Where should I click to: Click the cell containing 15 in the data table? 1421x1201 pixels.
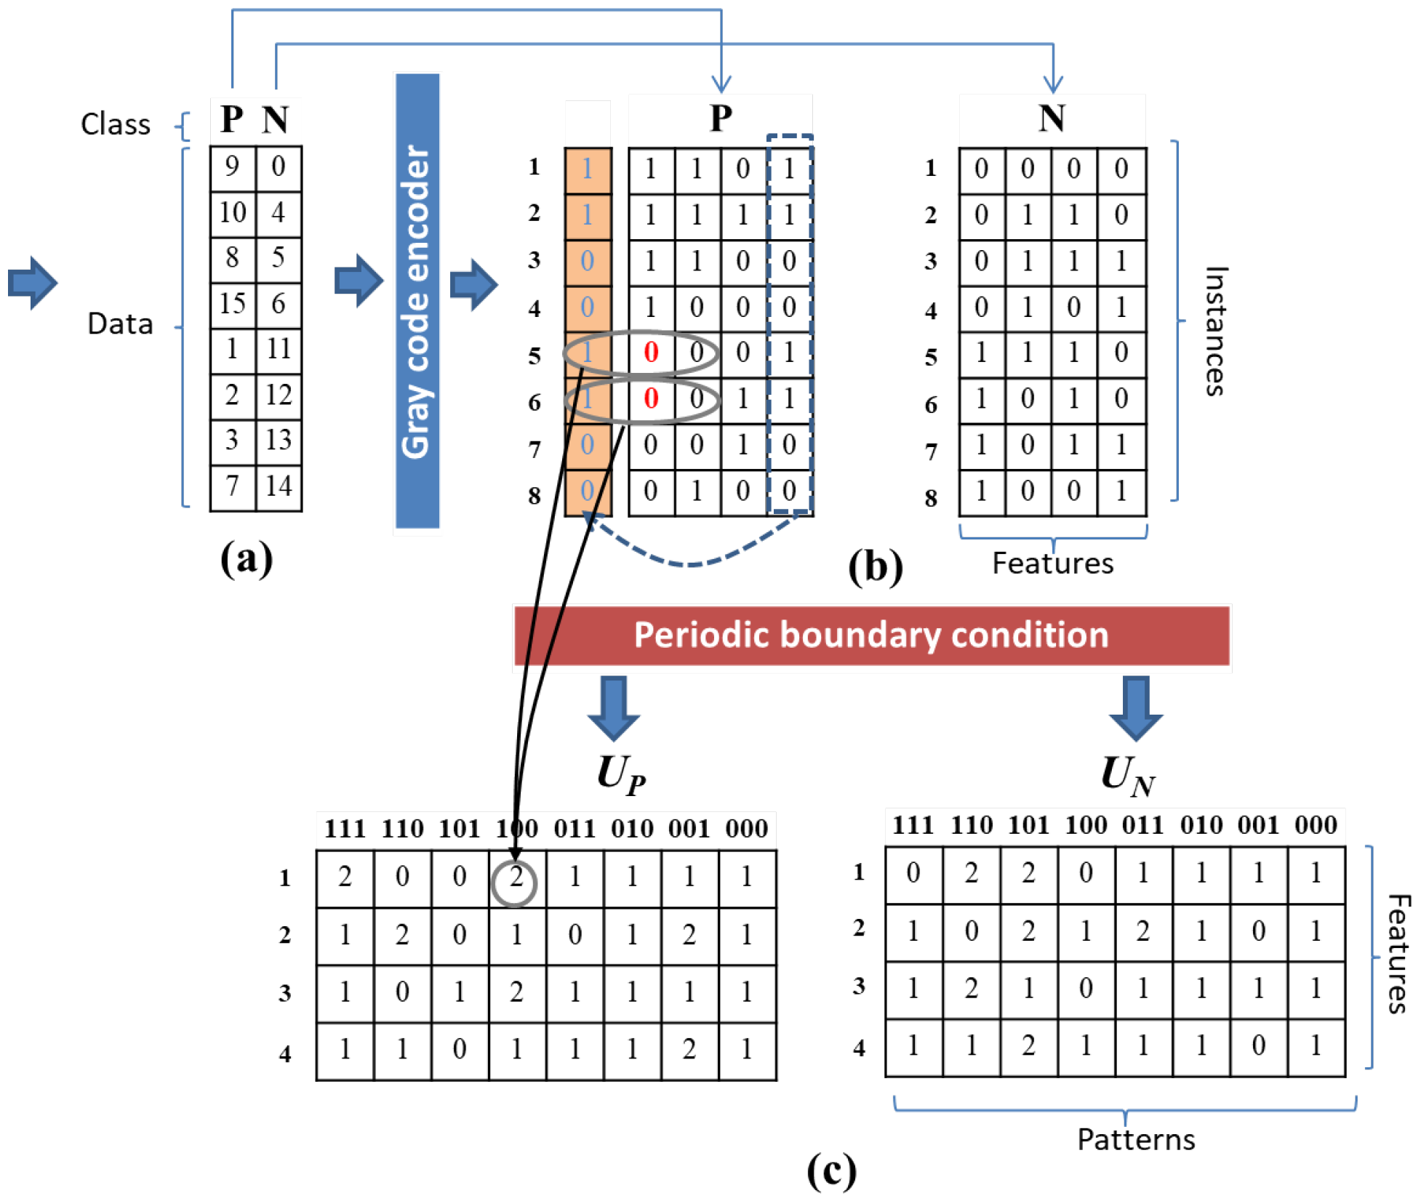233,303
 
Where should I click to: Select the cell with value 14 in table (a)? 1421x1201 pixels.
279,486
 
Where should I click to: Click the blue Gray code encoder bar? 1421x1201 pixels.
417,302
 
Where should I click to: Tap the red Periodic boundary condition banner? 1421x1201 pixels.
871,635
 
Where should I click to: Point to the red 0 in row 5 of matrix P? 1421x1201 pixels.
651,353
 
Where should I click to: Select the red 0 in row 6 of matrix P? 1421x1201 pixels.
651,398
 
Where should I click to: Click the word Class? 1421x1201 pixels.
116,124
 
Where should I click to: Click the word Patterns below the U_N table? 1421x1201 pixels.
1135,1139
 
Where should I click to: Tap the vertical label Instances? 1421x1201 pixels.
1215,331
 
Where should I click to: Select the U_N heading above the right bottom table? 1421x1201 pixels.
1128,776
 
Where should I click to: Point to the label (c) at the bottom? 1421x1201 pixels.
831,1170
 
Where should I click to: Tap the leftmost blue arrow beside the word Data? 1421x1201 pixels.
33,283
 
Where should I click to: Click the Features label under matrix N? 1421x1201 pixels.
1052,563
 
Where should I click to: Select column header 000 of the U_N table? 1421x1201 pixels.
1315,825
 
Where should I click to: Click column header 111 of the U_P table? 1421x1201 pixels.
345,829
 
